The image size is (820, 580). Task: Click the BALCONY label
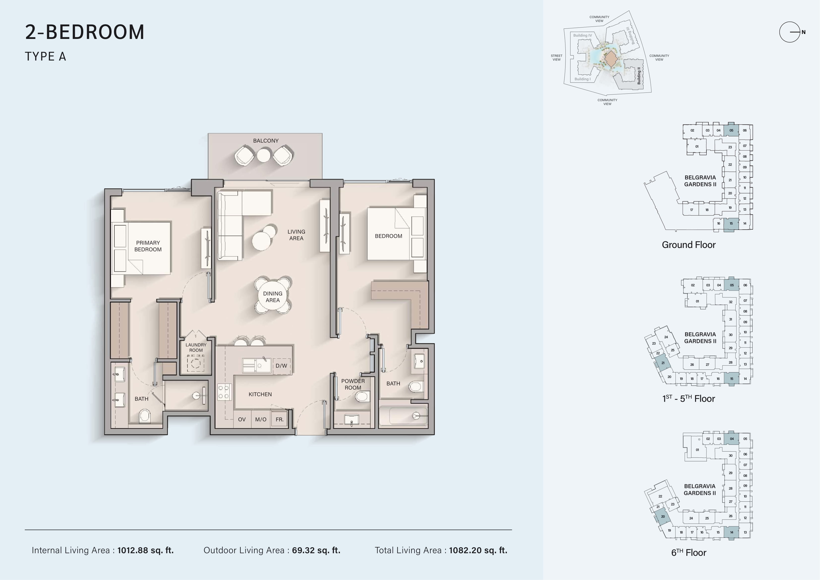point(266,141)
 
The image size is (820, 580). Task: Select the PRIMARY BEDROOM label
point(148,246)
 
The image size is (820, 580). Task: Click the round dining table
point(273,297)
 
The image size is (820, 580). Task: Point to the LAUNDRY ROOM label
point(196,347)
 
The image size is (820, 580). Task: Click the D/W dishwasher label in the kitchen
point(281,366)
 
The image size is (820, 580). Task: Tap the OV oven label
point(242,419)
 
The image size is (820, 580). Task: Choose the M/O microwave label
point(261,419)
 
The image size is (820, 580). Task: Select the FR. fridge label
point(280,419)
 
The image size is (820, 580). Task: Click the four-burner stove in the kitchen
point(225,392)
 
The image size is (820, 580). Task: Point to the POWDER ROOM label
point(353,384)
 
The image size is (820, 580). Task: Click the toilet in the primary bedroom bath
point(145,416)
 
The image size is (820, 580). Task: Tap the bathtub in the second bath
point(403,416)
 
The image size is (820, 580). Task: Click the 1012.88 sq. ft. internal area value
point(145,550)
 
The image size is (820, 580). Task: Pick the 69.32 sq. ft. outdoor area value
point(316,550)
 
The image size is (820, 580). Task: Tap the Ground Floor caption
point(689,245)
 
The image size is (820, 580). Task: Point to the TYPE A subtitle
point(45,57)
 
